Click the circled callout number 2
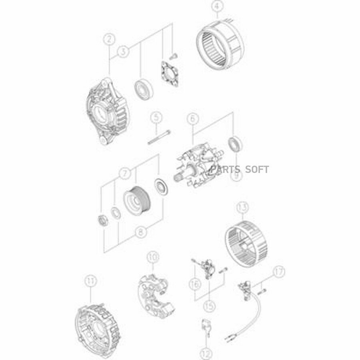click(109, 39)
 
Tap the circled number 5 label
click(156, 118)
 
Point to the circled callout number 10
click(152, 257)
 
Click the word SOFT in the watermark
click(257, 170)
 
